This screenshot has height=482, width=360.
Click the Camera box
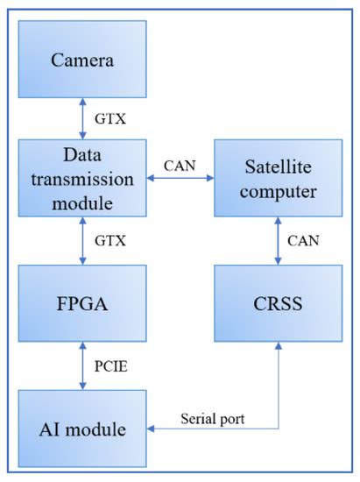point(82,60)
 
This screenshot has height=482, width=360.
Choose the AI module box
point(82,429)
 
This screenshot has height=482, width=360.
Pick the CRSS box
point(279,304)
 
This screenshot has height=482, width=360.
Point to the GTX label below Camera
point(110,118)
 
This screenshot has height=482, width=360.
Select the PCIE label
point(112,366)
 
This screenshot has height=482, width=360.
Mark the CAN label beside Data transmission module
point(180,164)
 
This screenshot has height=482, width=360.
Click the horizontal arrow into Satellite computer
point(180,179)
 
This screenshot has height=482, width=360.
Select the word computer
point(279,191)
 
